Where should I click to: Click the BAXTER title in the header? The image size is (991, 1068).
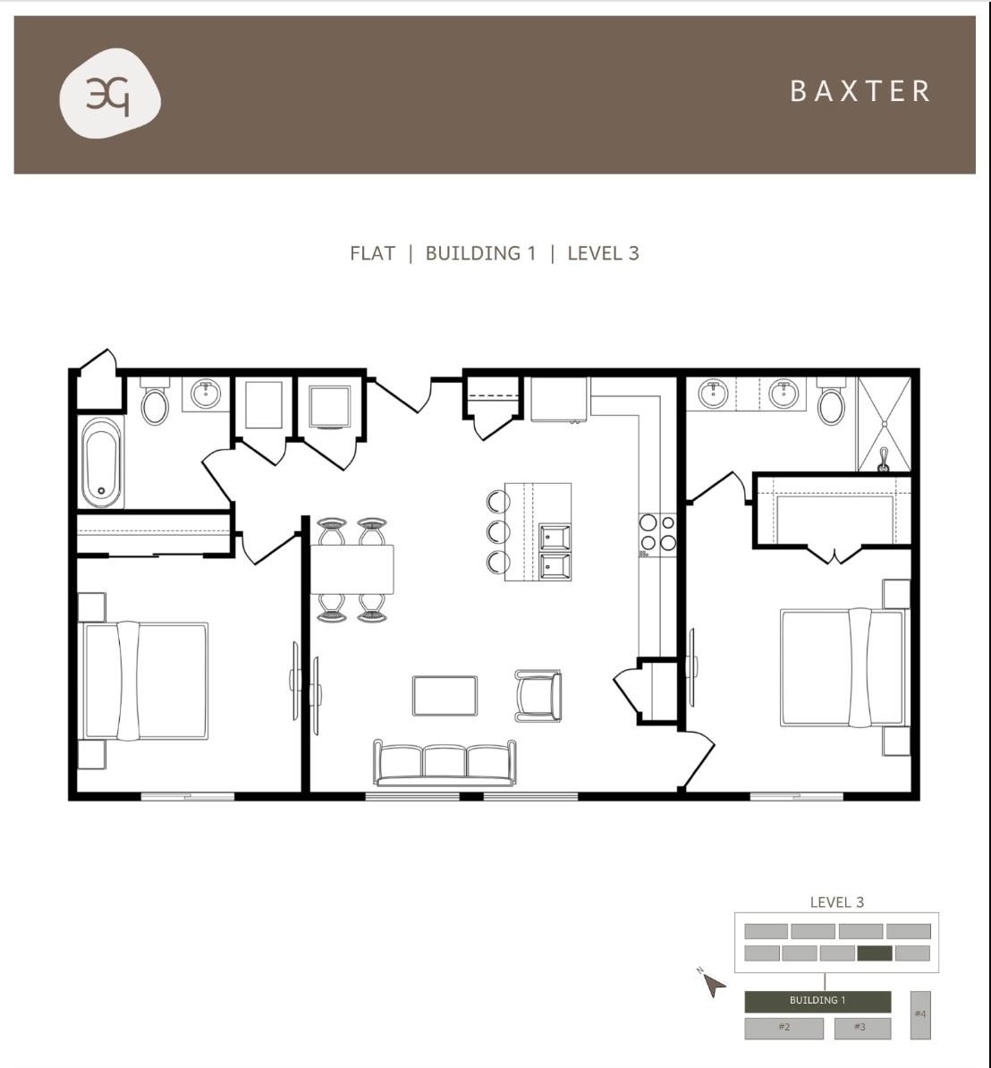pyautogui.click(x=860, y=91)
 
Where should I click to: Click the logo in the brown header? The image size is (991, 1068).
pyautogui.click(x=110, y=95)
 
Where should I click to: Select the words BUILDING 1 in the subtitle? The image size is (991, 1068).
pyautogui.click(x=480, y=253)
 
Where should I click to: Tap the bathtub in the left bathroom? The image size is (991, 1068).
pyautogui.click(x=101, y=462)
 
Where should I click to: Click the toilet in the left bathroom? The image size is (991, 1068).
pyautogui.click(x=155, y=404)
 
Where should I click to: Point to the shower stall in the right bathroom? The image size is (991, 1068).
pyautogui.click(x=884, y=424)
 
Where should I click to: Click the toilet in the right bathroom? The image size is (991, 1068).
pyautogui.click(x=832, y=404)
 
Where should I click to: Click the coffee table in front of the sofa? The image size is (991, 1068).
pyautogui.click(x=445, y=695)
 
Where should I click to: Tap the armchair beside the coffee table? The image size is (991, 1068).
pyautogui.click(x=538, y=695)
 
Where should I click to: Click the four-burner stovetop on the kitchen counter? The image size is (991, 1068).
pyautogui.click(x=657, y=533)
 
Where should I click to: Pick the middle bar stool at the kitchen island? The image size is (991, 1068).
pyautogui.click(x=497, y=531)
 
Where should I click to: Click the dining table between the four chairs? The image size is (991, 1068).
pyautogui.click(x=352, y=569)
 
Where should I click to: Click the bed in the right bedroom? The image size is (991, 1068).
pyautogui.click(x=842, y=667)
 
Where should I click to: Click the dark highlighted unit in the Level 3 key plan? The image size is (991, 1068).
pyautogui.click(x=874, y=954)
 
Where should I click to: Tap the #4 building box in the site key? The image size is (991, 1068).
pyautogui.click(x=920, y=1014)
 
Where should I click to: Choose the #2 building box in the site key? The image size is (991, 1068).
pyautogui.click(x=783, y=1028)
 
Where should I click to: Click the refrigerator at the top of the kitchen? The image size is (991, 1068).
pyautogui.click(x=559, y=399)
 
